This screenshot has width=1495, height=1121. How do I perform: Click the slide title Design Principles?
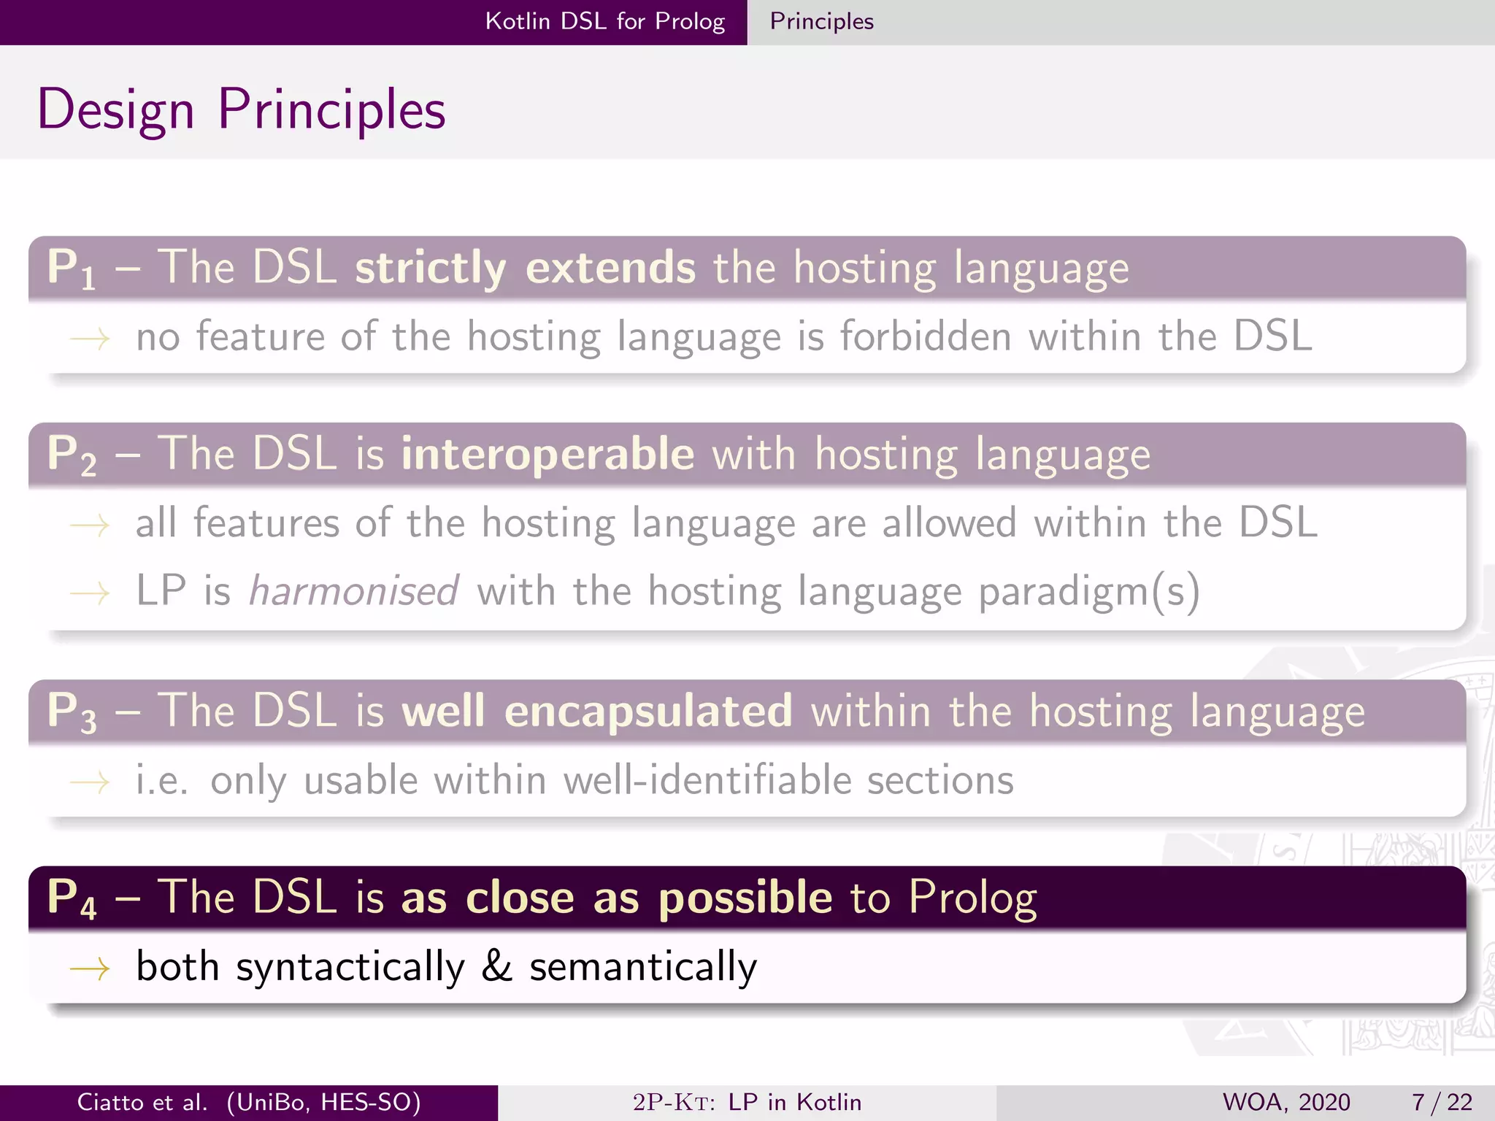click(241, 109)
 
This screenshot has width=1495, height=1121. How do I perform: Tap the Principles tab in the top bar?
click(821, 22)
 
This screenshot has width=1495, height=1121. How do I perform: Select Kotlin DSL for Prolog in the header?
click(604, 22)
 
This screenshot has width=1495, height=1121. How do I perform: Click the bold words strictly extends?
click(525, 267)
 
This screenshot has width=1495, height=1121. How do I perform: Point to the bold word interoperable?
click(547, 454)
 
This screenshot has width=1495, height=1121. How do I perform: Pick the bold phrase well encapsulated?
click(596, 711)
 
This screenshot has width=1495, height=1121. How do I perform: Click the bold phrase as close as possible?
click(616, 898)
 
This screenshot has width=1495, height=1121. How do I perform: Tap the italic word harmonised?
click(354, 590)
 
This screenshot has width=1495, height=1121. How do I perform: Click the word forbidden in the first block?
click(926, 336)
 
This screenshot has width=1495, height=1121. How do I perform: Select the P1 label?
click(71, 269)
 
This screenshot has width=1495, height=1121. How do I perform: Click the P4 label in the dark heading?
click(71, 898)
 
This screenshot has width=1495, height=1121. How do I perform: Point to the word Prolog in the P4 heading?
click(972, 898)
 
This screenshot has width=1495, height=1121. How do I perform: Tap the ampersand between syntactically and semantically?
click(496, 966)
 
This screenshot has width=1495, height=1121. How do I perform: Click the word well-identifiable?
click(707, 779)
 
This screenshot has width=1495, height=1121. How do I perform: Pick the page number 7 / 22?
click(1441, 1102)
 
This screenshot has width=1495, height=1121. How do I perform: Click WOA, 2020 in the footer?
click(1285, 1102)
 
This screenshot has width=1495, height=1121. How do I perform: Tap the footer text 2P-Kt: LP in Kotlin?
click(747, 1102)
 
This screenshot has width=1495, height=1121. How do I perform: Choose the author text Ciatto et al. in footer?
click(142, 1102)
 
